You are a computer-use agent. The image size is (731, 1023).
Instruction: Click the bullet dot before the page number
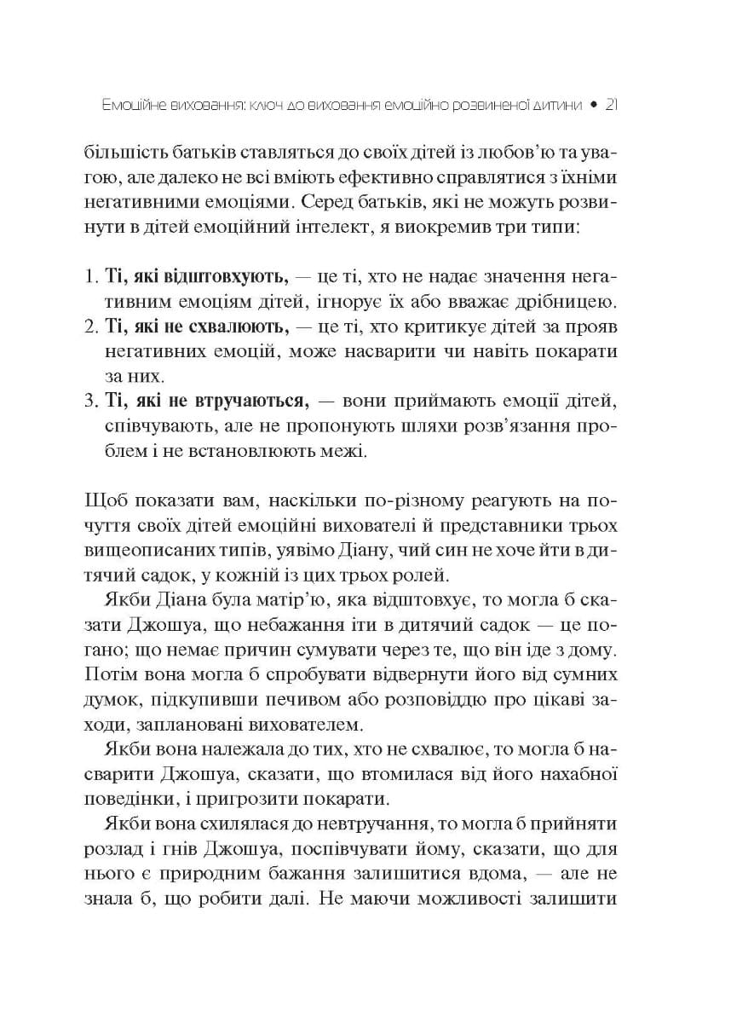(x=593, y=107)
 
